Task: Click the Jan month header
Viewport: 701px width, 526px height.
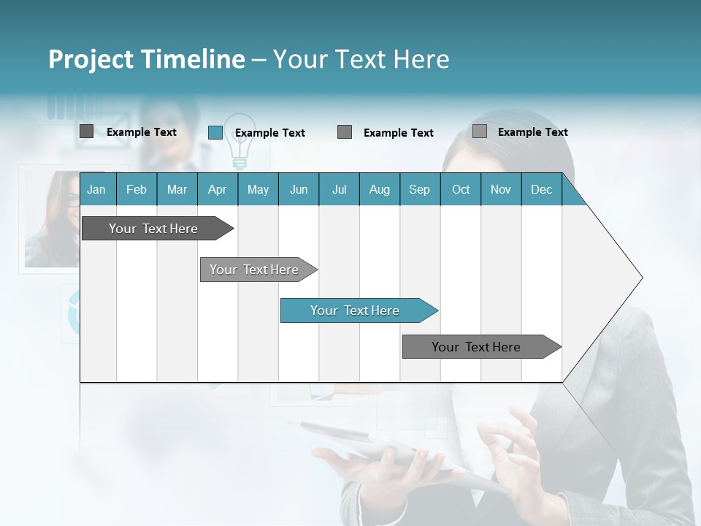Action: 96,189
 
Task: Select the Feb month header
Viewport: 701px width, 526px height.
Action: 137,189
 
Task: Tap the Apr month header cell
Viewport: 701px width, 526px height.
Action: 217,189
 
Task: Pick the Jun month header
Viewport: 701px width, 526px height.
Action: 299,189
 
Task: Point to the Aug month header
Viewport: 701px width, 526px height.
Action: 380,189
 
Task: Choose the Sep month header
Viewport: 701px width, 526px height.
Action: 419,189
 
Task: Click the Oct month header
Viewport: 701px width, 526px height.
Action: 461,189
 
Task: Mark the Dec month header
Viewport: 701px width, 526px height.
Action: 541,189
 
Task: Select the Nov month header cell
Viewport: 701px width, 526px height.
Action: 501,189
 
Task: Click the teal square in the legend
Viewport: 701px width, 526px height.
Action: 215,132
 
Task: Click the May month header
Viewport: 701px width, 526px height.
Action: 258,189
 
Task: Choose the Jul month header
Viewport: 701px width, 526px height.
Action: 339,189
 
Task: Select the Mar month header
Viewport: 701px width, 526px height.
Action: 177,189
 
